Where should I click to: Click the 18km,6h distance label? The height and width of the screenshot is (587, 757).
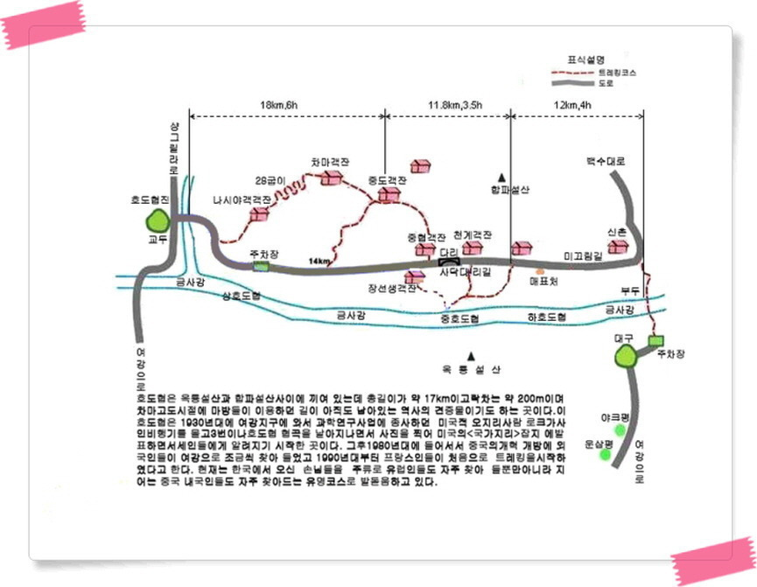click(x=284, y=106)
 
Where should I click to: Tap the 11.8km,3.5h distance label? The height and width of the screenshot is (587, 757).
click(x=455, y=106)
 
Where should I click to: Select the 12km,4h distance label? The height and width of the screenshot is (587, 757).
click(x=574, y=106)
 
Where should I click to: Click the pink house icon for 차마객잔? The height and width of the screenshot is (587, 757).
click(x=332, y=178)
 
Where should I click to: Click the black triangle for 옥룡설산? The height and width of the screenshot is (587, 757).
click(x=472, y=355)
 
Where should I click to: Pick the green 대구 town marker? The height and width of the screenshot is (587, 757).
click(x=627, y=356)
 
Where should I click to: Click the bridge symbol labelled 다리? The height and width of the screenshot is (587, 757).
click(x=450, y=260)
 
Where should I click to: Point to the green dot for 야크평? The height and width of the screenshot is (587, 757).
click(x=620, y=430)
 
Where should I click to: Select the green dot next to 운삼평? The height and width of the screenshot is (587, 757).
click(x=604, y=455)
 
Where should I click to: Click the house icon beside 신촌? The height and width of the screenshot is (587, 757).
click(x=619, y=247)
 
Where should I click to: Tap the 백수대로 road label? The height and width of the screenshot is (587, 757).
click(x=606, y=163)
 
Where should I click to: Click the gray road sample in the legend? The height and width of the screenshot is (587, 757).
click(x=571, y=83)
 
